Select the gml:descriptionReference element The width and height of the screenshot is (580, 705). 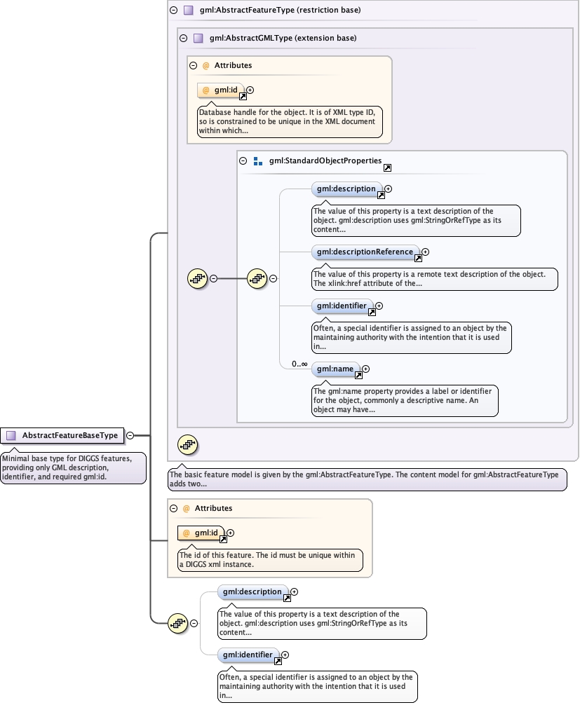pyautogui.click(x=365, y=252)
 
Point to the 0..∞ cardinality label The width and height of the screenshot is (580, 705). pyautogui.click(x=299, y=364)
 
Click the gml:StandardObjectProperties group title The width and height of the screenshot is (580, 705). pyautogui.click(x=325, y=160)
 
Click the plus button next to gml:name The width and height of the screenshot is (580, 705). pyautogui.click(x=365, y=369)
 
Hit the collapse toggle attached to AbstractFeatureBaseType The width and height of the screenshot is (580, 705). pyautogui.click(x=130, y=435)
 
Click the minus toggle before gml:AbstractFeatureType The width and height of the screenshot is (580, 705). pyautogui.click(x=174, y=11)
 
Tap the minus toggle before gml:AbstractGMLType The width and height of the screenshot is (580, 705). pyautogui.click(x=184, y=39)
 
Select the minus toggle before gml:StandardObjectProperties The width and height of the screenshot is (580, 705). pyautogui.click(x=243, y=160)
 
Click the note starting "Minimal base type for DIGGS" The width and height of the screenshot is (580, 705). pyautogui.click(x=73, y=467)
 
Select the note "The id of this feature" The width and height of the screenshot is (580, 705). pyautogui.click(x=270, y=559)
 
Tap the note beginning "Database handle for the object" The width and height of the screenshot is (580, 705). pyautogui.click(x=290, y=121)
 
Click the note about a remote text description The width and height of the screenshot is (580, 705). pyautogui.click(x=435, y=278)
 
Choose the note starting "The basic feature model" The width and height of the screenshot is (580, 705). pyautogui.click(x=367, y=479)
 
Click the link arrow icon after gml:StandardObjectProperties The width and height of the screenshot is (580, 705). pyautogui.click(x=387, y=167)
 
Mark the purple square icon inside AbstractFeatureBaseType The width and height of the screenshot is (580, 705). pyautogui.click(x=11, y=435)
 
